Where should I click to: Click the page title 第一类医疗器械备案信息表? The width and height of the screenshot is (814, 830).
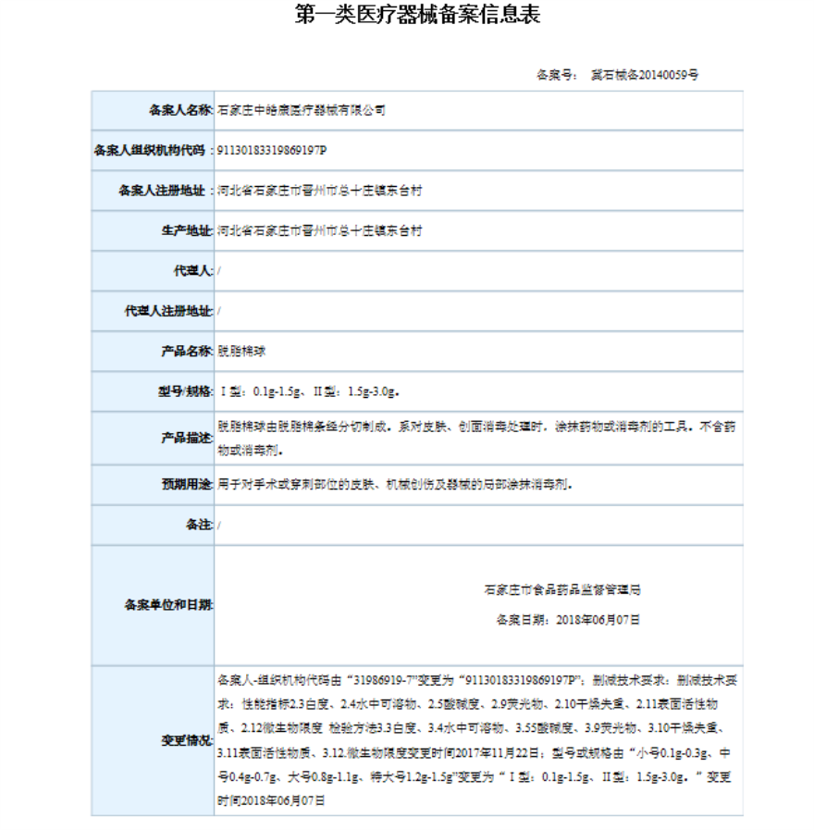tap(417, 15)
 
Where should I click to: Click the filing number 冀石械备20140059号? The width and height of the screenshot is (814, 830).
tap(644, 74)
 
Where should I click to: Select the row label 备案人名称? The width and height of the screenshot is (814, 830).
tap(179, 110)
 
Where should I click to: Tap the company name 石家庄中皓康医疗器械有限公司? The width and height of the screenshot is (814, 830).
tap(301, 110)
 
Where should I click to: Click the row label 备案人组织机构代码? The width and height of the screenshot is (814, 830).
tap(153, 150)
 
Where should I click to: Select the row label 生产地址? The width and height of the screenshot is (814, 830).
tap(186, 230)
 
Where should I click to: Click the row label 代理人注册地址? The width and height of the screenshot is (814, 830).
tap(168, 311)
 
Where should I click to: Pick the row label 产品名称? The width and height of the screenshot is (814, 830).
tap(186, 351)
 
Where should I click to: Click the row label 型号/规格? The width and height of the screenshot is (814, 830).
tap(185, 390)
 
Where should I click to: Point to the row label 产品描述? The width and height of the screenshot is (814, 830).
tap(186, 438)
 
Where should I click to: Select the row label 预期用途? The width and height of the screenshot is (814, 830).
tap(186, 484)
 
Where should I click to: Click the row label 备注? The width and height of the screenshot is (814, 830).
tap(199, 525)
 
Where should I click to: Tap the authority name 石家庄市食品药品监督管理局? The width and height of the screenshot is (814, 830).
tap(562, 589)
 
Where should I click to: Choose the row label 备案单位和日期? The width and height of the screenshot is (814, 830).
tap(168, 605)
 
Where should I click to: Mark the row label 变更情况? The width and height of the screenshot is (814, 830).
tap(186, 740)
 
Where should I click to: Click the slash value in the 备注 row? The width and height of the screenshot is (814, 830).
tap(219, 525)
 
